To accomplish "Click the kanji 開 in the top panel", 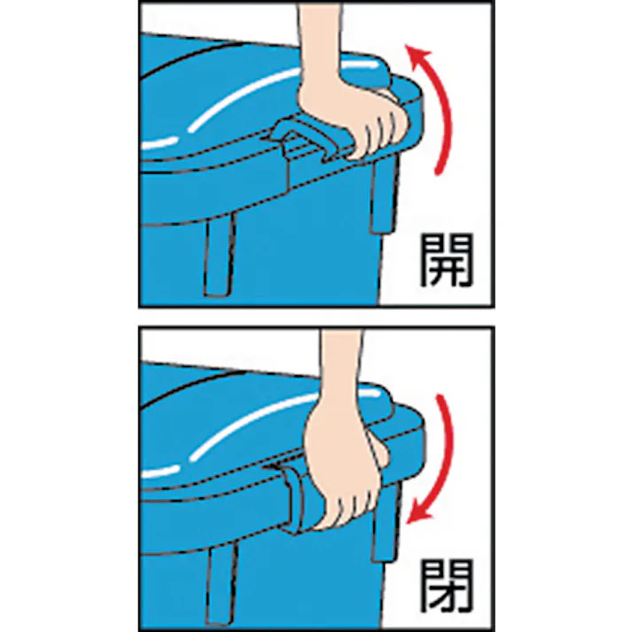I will coord(446,260).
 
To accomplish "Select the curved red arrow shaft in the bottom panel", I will coord(448,443).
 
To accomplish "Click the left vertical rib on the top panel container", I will coord(217,257).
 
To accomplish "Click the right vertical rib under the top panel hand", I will coord(381,199).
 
